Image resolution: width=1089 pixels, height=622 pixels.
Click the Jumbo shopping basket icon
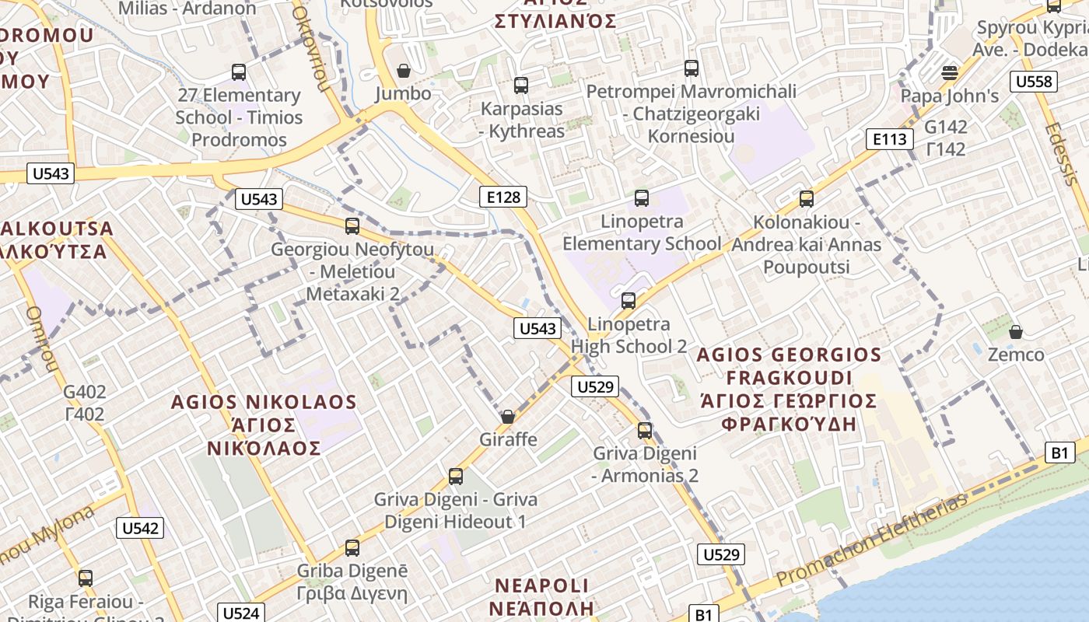pyautogui.click(x=404, y=72)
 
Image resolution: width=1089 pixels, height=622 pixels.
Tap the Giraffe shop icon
pyautogui.click(x=508, y=418)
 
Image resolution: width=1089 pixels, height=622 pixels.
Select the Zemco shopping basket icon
pyautogui.click(x=1016, y=333)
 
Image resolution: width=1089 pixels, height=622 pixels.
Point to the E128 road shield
pyautogui.click(x=503, y=197)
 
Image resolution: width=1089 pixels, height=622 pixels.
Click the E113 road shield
pyautogui.click(x=889, y=139)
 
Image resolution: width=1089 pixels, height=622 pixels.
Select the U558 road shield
pyautogui.click(x=1035, y=81)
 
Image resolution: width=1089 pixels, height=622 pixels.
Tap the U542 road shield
pyautogui.click(x=141, y=529)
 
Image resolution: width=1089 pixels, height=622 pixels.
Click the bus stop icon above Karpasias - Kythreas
pyautogui.click(x=521, y=86)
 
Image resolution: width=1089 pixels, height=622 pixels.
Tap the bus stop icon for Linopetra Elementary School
pyautogui.click(x=642, y=198)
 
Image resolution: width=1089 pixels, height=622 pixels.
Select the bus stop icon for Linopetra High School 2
pyautogui.click(x=629, y=300)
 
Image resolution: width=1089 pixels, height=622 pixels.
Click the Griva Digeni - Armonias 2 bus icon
pyautogui.click(x=645, y=430)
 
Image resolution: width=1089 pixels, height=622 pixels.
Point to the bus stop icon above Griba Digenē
pyautogui.click(x=352, y=548)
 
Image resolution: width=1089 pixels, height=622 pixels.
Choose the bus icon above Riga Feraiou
pyautogui.click(x=86, y=578)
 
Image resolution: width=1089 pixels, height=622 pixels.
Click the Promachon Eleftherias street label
pyautogui.click(x=872, y=541)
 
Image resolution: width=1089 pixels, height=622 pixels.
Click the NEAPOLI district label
pyautogui.click(x=543, y=585)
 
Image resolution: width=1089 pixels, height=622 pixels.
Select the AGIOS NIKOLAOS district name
pyautogui.click(x=264, y=403)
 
